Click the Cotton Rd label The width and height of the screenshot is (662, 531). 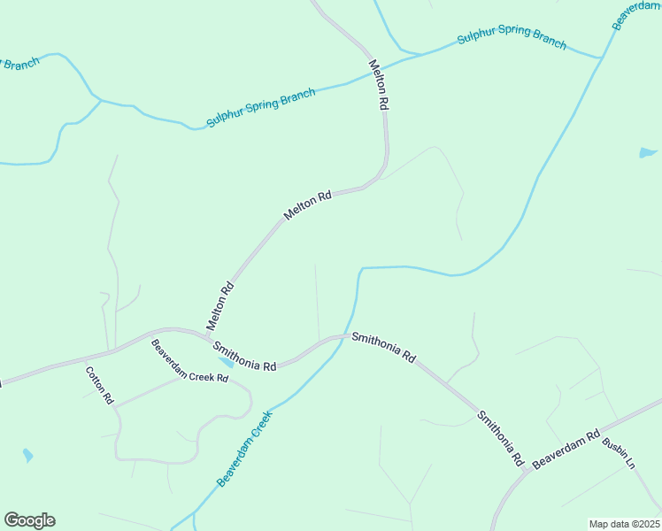point(99,385)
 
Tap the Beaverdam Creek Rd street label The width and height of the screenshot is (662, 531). point(189,361)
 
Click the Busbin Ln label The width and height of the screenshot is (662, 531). point(620,453)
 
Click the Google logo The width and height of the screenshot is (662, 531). point(29,520)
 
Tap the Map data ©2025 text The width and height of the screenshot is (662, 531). point(624,524)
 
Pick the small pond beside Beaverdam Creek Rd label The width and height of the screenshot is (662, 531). point(227,362)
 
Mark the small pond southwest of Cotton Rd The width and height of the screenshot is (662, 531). point(28,456)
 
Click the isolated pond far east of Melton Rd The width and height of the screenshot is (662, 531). point(648,153)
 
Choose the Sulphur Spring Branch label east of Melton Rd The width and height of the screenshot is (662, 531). point(512,36)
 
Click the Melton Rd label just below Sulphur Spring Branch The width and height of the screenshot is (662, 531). point(379,84)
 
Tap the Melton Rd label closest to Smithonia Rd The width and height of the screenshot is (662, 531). point(220,306)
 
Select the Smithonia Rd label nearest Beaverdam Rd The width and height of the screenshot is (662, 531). point(501,439)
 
